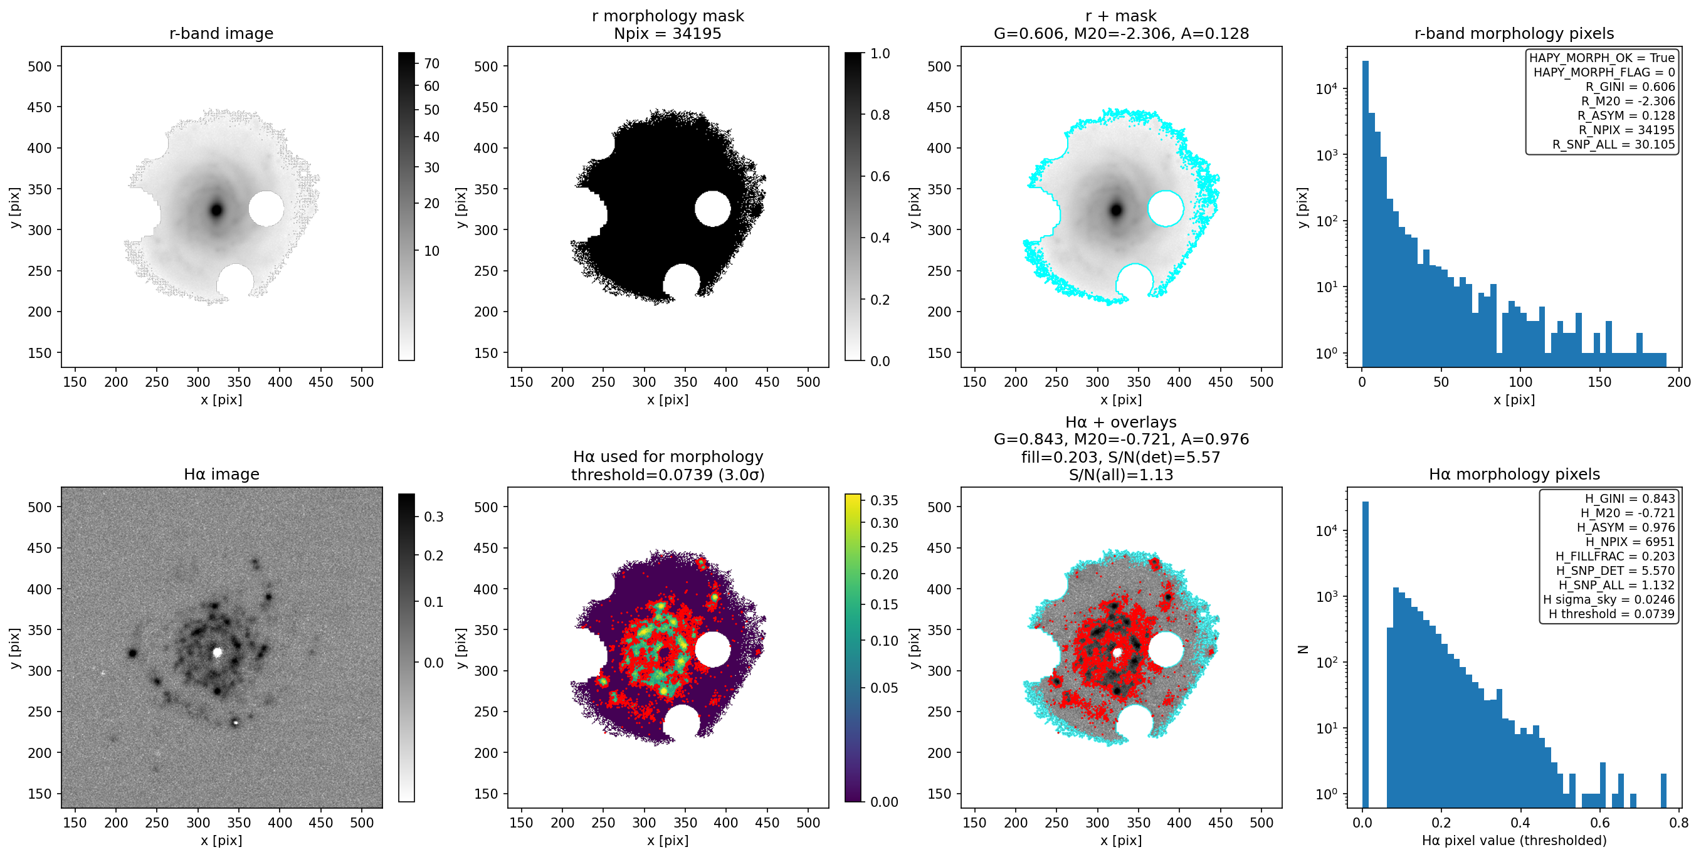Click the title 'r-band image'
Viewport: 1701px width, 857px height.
(221, 34)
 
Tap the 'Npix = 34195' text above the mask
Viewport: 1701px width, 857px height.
(668, 34)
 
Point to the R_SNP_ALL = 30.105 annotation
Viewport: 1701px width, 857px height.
(1613, 145)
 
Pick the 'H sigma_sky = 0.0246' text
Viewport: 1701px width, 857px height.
(1609, 599)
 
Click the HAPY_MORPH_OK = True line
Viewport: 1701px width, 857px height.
(1602, 58)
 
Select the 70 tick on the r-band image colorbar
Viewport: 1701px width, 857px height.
(432, 63)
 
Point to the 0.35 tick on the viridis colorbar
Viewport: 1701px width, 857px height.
(884, 500)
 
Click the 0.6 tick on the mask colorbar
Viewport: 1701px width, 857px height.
(880, 176)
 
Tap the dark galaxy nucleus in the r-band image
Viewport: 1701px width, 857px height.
(216, 211)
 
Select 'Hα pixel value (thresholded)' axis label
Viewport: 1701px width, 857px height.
(1514, 841)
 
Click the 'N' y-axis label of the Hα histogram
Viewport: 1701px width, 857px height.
(1303, 649)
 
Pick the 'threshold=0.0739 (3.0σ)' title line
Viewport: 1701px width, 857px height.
(668, 475)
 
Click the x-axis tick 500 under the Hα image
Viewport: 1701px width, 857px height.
(362, 823)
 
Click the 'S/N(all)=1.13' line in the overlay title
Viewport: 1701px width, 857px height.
(1121, 475)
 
